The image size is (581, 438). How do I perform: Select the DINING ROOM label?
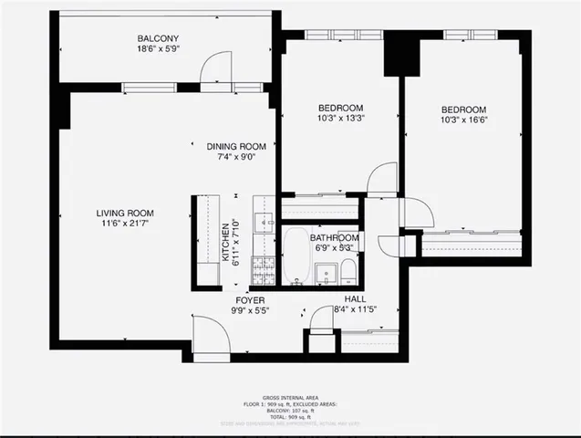click(x=235, y=146)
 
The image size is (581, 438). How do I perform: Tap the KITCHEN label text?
click(x=226, y=242)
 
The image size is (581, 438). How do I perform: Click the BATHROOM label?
click(x=334, y=237)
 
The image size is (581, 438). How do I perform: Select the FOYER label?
click(x=250, y=299)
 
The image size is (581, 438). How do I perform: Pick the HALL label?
click(x=356, y=299)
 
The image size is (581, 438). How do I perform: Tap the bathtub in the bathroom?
click(x=296, y=257)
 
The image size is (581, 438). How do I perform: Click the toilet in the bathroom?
click(x=348, y=272)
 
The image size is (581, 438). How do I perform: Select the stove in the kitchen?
click(x=263, y=270)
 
